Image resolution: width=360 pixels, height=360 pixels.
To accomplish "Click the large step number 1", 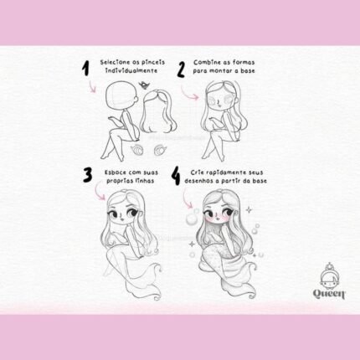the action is click(x=86, y=69).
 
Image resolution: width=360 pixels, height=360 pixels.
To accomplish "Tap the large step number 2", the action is click(x=181, y=69).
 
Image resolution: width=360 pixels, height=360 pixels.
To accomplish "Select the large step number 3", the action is click(x=87, y=175).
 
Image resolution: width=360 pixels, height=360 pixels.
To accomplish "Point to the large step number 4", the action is click(x=175, y=176).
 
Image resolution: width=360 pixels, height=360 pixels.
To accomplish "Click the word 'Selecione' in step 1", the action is click(x=114, y=62).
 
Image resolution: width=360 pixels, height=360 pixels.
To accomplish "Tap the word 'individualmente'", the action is click(x=131, y=70).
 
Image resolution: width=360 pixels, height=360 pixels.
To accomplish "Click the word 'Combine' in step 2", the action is click(x=205, y=62).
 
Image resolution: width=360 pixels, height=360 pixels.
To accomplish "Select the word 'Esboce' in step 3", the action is click(x=116, y=172).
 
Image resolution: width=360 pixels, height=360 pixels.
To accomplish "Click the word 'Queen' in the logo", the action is click(x=329, y=294).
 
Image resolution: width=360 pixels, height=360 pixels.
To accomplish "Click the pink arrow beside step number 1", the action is click(x=92, y=87).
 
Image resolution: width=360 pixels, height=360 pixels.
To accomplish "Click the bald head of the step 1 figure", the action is click(x=121, y=95).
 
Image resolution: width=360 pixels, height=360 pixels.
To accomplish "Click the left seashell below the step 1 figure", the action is click(x=137, y=151).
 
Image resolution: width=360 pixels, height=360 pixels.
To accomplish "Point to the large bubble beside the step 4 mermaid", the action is click(x=192, y=219).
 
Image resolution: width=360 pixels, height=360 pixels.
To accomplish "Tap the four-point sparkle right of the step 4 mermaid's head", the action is click(x=249, y=209).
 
